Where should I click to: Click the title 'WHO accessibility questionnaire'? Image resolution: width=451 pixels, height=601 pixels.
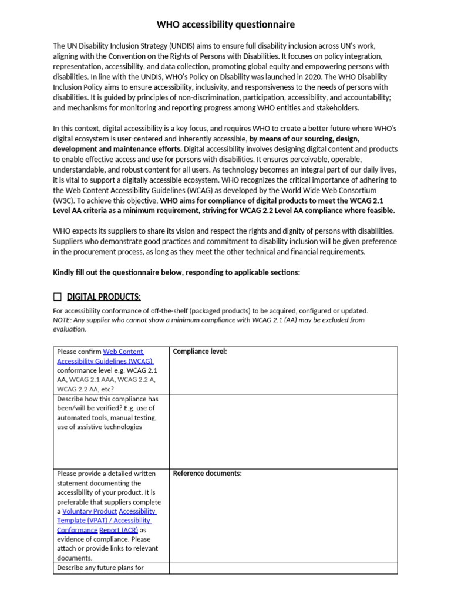click(225, 25)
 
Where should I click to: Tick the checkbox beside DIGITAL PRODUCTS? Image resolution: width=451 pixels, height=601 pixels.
click(57, 296)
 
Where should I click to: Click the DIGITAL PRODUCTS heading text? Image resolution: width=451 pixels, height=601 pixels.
click(104, 296)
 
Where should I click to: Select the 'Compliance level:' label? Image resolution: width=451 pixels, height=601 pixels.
click(200, 352)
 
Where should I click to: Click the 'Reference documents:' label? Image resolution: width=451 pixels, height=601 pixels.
click(207, 474)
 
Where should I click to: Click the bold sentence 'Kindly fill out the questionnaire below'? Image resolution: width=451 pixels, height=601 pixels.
click(177, 272)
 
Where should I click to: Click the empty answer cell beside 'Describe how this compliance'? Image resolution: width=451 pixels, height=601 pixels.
click(283, 431)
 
